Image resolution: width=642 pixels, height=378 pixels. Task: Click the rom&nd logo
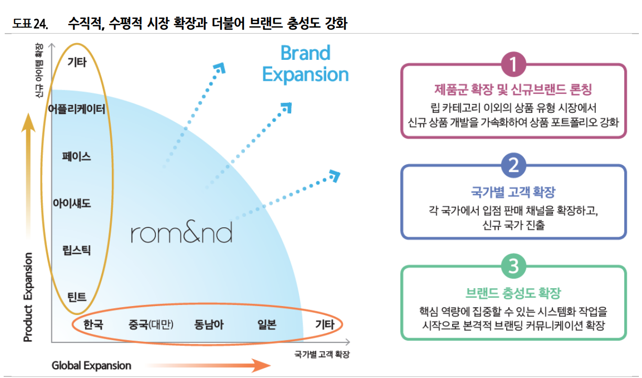181,233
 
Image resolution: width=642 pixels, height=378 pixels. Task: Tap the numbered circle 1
513,64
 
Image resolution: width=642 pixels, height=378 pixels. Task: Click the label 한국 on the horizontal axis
93,324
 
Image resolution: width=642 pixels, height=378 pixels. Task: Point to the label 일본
266,324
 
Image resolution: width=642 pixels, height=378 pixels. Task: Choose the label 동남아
208,324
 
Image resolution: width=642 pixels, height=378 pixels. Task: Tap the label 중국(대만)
151,324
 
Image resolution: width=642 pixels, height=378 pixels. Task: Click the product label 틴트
77,297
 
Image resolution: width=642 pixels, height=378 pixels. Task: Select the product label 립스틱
77,250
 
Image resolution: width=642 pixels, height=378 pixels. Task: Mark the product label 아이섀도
72,203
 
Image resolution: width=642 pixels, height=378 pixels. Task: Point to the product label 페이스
77,156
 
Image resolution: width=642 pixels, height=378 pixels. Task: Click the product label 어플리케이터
77,109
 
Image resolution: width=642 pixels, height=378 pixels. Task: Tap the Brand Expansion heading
305,64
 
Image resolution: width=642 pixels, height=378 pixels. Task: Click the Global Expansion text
91,365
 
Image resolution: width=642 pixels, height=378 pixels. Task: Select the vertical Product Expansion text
28,297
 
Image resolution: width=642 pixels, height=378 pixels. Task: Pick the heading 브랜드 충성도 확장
513,293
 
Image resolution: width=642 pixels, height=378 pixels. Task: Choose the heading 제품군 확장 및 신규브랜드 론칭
513,90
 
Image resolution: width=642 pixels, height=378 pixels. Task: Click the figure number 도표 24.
30,24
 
